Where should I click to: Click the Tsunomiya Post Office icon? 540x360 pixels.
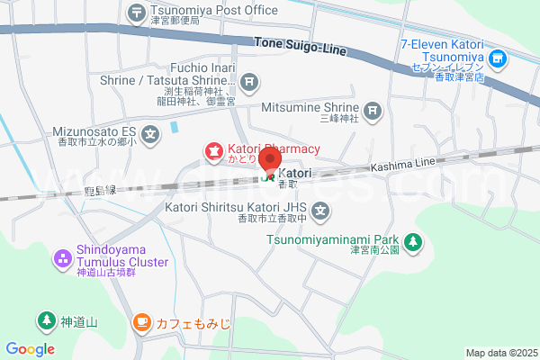pyautogui.click(x=136, y=12)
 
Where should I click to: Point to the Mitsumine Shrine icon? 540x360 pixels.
pyautogui.click(x=373, y=112)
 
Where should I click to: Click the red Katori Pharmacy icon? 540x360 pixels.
pyautogui.click(x=213, y=152)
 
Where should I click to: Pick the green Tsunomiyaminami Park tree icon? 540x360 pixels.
pyautogui.click(x=413, y=240)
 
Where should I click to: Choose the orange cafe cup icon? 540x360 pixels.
pyautogui.click(x=141, y=320)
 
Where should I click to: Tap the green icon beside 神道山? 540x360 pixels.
pyautogui.click(x=45, y=319)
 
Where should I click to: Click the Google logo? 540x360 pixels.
pyautogui.click(x=30, y=349)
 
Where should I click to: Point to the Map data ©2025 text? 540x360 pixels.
pyautogui.click(x=500, y=353)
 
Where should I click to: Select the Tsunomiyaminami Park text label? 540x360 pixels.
pyautogui.click(x=332, y=240)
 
